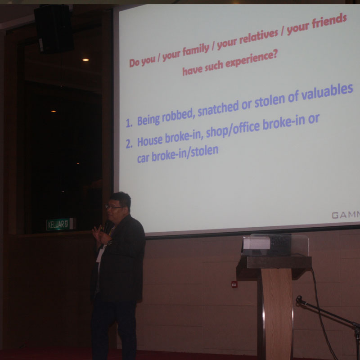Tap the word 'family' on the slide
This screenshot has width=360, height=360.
pyautogui.click(x=196, y=50)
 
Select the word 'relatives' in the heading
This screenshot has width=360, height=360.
pyautogui.click(x=259, y=36)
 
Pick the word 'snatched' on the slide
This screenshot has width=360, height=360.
pyautogui.click(x=218, y=109)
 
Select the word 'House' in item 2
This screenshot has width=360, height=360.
pyautogui.click(x=150, y=140)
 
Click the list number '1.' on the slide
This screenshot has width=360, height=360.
pyautogui.click(x=129, y=123)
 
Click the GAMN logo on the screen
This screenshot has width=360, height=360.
pyautogui.click(x=346, y=215)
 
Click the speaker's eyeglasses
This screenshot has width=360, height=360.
pyautogui.click(x=114, y=207)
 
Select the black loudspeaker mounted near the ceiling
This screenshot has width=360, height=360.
pyautogui.click(x=54, y=29)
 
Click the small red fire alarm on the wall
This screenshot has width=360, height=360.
pyautogui.click(x=234, y=284)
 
